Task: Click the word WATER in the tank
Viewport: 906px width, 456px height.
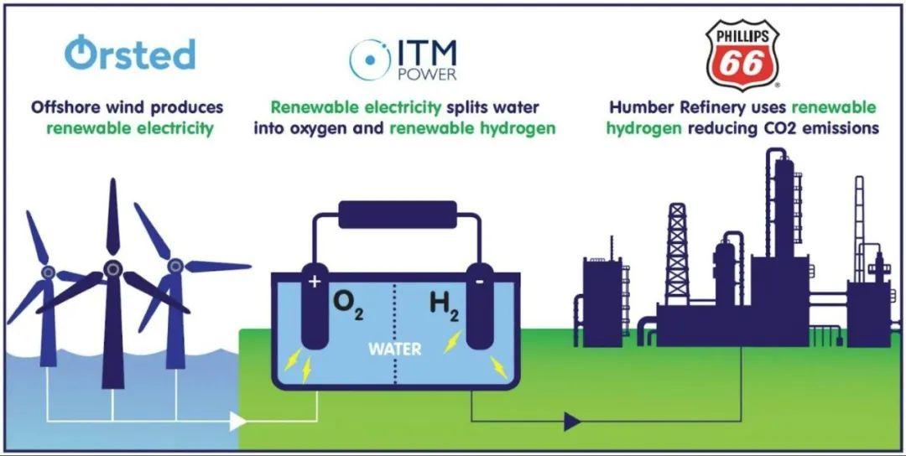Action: pos(394,348)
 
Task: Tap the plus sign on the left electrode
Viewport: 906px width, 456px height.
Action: pos(315,282)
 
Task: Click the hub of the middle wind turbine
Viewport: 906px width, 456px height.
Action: pos(112,269)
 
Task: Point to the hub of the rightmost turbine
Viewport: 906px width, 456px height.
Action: pos(174,267)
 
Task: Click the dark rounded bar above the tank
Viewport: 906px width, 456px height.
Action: pos(397,215)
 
